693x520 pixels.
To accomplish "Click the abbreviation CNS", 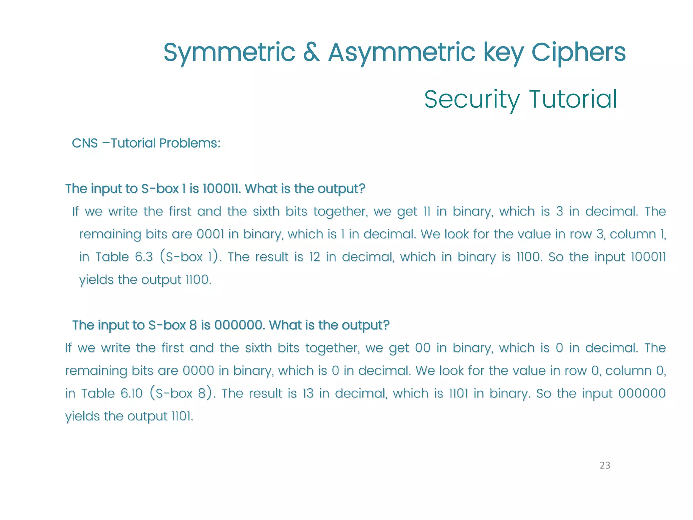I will (x=85, y=143).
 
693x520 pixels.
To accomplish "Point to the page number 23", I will (x=605, y=465).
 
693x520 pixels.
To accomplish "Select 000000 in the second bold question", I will (x=239, y=325).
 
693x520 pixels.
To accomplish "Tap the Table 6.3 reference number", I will (x=144, y=257).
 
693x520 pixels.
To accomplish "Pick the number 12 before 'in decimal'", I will (x=314, y=257).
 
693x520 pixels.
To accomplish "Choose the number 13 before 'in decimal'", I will (x=308, y=393).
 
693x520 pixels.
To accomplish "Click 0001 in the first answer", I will (x=210, y=234).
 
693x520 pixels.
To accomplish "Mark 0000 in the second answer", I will (x=198, y=371).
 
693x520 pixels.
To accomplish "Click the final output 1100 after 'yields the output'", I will (x=198, y=280).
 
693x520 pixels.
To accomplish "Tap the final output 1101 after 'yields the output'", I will (x=182, y=416).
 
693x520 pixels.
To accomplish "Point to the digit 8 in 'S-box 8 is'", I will (x=193, y=325).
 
